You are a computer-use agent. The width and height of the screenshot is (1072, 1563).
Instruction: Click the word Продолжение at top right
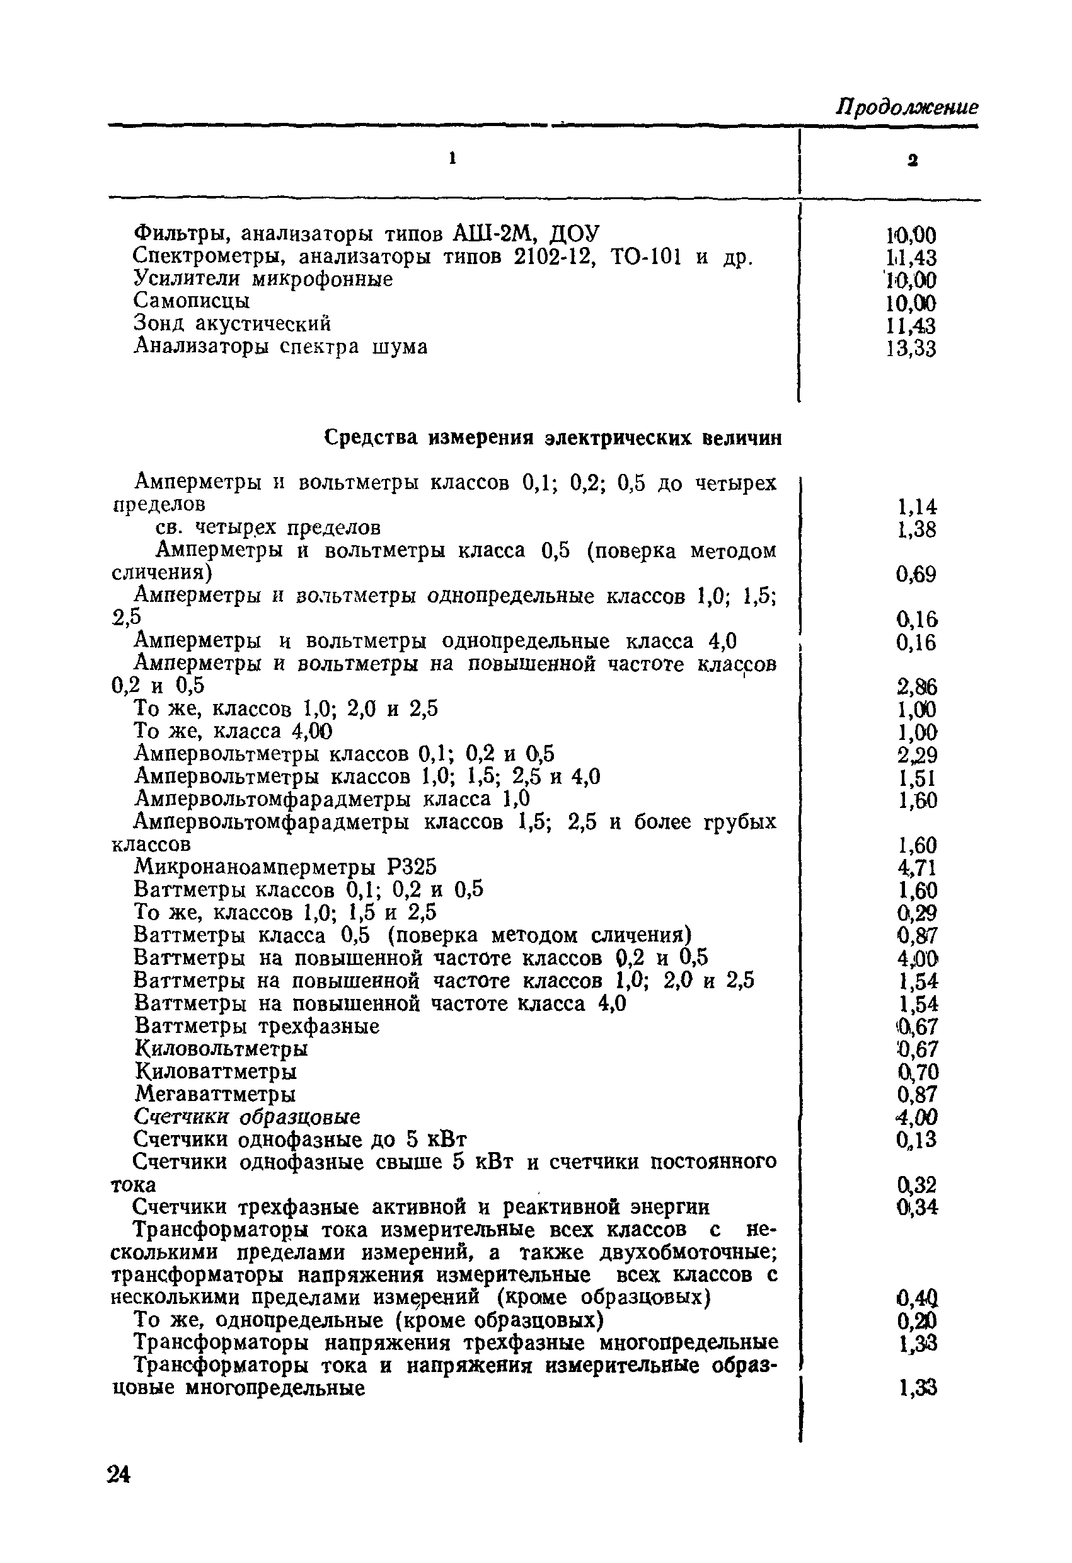[x=906, y=107]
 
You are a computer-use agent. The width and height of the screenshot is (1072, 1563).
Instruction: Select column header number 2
[x=913, y=160]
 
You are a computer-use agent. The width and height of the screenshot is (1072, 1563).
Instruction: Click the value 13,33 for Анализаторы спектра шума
[x=911, y=349]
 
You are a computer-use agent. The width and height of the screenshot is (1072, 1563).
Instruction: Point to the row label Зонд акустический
[x=232, y=323]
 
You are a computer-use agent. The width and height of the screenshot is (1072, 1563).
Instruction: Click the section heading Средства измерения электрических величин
[x=553, y=438]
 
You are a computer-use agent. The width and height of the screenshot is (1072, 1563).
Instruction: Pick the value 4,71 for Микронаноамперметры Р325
[x=916, y=868]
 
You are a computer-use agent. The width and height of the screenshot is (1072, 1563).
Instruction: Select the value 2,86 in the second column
[x=916, y=687]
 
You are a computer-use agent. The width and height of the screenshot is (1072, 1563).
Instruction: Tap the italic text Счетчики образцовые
[x=247, y=1117]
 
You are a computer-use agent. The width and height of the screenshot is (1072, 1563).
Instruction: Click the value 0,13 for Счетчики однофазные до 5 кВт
[x=916, y=1140]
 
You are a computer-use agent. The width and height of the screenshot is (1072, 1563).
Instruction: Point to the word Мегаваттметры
[x=215, y=1094]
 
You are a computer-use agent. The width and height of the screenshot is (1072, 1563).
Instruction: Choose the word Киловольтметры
[x=221, y=1049]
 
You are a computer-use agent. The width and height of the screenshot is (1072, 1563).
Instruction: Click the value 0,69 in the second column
[x=916, y=574]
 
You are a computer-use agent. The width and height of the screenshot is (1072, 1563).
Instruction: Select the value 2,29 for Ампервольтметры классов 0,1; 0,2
[x=916, y=754]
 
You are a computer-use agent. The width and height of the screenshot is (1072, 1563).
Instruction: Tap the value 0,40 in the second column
[x=916, y=1297]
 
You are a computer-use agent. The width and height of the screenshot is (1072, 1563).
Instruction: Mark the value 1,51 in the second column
[x=916, y=778]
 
